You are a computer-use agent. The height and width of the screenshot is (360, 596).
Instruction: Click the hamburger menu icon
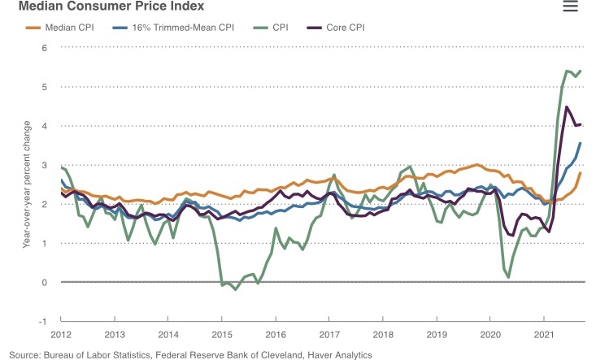(x=570, y=7)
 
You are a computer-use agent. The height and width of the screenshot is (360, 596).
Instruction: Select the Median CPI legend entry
(x=64, y=28)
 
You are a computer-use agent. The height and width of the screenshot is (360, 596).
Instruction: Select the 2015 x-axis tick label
(x=222, y=335)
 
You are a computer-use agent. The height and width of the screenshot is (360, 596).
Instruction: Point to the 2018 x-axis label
(x=383, y=335)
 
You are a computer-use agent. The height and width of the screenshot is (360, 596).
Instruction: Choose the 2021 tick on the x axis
(x=544, y=335)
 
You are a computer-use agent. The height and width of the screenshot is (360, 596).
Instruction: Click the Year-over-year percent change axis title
(x=27, y=184)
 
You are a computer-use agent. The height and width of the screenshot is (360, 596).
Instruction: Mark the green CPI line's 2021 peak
(x=568, y=72)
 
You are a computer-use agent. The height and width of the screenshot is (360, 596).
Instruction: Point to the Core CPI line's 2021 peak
(x=567, y=106)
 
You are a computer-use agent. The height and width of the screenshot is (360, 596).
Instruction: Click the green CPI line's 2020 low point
(x=508, y=277)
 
